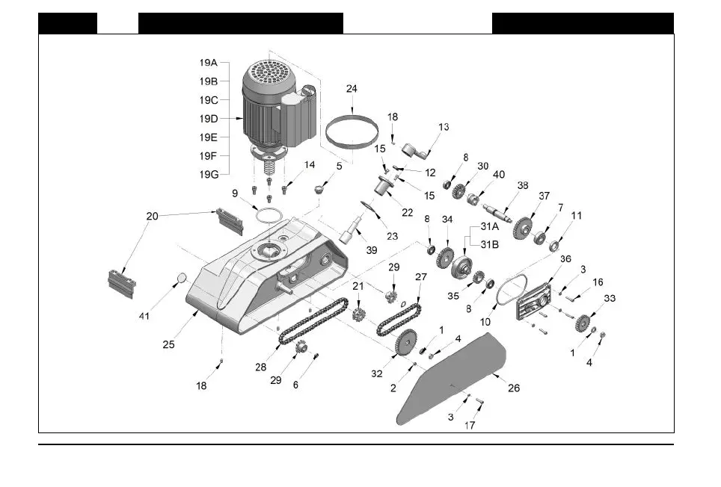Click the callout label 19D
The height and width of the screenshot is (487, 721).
[208, 118]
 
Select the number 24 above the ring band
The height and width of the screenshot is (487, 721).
[352, 89]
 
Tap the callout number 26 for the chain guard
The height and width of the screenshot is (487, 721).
[514, 388]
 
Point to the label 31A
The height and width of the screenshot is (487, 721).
[490, 226]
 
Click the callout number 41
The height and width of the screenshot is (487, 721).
[144, 316]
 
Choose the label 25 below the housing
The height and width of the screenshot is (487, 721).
[168, 345]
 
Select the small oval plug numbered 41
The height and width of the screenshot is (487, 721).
[181, 280]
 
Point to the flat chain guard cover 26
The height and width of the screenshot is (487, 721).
[449, 381]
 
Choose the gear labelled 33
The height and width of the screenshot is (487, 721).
[583, 323]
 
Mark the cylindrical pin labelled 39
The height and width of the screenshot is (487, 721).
[352, 228]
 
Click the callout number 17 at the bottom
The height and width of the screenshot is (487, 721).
[469, 426]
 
